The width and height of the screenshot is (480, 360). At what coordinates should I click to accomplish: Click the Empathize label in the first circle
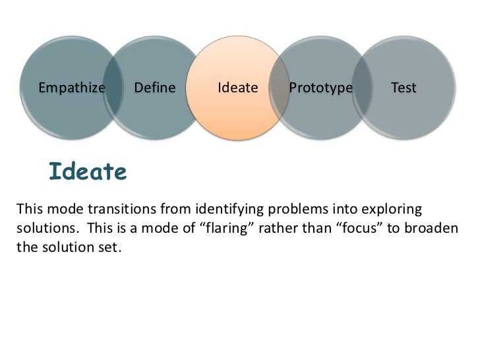[x=72, y=88]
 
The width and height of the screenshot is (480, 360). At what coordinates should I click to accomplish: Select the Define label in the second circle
[x=155, y=88]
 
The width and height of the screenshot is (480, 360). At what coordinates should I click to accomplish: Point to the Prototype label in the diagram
[x=320, y=88]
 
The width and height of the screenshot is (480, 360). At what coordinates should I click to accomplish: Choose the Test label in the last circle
[x=403, y=88]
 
